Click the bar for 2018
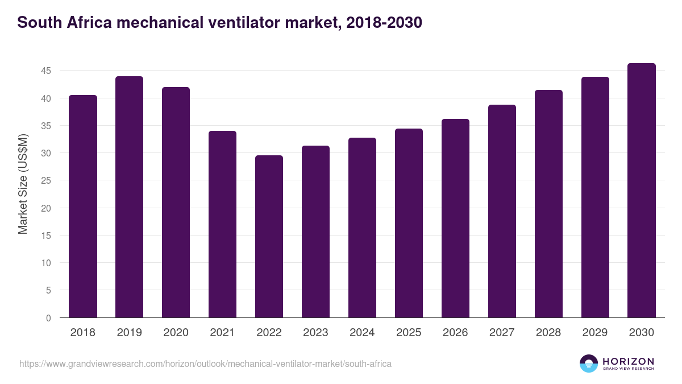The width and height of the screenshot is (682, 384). [x=83, y=207]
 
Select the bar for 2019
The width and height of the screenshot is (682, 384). [x=130, y=197]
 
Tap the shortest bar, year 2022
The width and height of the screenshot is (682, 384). [x=269, y=237]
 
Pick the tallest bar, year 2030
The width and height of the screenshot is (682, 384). [x=642, y=191]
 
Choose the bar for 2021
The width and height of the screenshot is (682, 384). [x=223, y=224]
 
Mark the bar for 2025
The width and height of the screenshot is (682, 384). [x=409, y=223]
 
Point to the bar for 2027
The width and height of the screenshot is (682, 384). [x=502, y=211]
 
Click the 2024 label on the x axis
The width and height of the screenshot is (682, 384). [x=363, y=333]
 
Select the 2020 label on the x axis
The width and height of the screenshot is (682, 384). [x=176, y=333]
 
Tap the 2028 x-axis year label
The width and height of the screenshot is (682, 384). [x=549, y=333]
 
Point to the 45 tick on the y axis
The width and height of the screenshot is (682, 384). [x=45, y=71]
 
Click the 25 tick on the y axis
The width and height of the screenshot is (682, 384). [x=45, y=181]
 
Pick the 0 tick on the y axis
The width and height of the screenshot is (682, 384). [x=48, y=318]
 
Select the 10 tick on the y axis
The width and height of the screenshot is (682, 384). [x=45, y=263]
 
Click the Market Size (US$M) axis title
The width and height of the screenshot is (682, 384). [x=23, y=184]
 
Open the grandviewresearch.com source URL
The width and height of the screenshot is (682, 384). [x=205, y=364]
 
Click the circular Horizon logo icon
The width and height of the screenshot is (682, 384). [x=589, y=364]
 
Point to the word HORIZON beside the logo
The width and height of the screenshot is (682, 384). [x=628, y=361]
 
